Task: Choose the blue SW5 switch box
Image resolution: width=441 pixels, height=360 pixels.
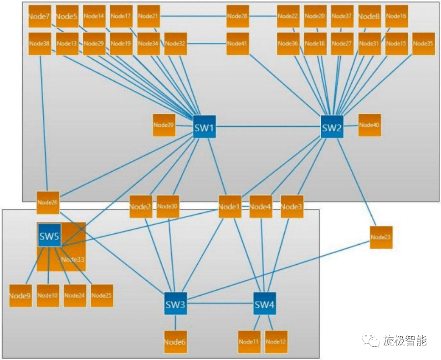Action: pos(49,236)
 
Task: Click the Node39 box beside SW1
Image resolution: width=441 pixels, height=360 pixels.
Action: pos(164,124)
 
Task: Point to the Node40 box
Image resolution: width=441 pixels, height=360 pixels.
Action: pos(369,124)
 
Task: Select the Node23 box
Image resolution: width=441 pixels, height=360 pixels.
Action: pos(381,237)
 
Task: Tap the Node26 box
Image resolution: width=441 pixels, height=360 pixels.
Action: pos(48,202)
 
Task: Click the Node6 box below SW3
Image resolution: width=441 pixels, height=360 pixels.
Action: pos(175,342)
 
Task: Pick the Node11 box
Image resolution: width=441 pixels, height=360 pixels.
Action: pos(249,342)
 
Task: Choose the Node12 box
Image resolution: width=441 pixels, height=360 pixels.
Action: pos(276,342)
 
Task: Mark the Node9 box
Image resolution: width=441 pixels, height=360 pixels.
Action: pos(21,295)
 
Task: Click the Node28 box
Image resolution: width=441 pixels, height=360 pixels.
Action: pos(238,16)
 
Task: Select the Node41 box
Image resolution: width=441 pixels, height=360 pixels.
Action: pos(238,44)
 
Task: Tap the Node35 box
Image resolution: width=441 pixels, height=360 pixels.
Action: pos(423,44)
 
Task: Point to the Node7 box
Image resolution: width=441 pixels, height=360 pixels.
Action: pos(39,16)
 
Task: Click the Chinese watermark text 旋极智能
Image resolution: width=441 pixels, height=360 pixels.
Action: pos(405,340)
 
